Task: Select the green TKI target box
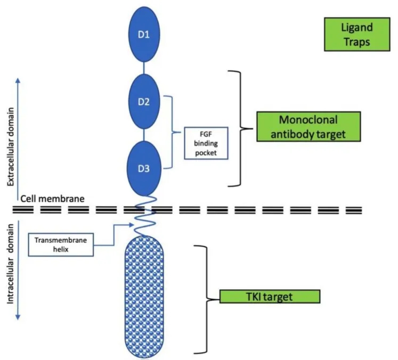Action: point(270,297)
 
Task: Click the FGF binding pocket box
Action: point(206,143)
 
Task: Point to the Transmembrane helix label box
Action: point(61,244)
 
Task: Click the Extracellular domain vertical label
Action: point(11,142)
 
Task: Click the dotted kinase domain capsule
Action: point(145,298)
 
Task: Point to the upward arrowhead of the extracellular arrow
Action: point(18,79)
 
